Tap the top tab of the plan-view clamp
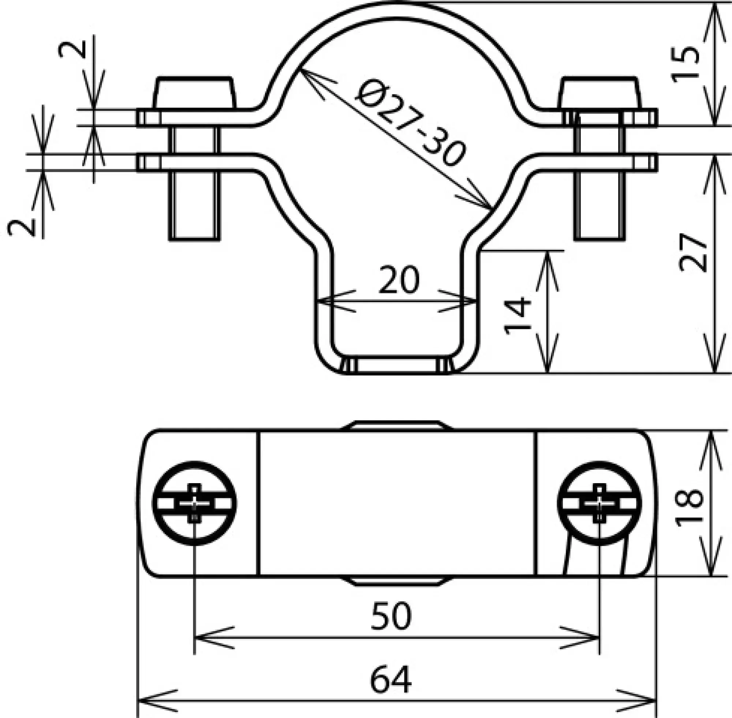point(396,425)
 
